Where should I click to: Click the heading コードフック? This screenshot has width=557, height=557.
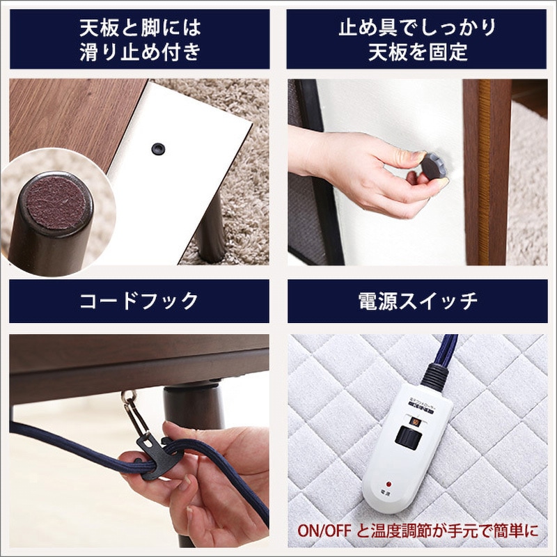(139, 301)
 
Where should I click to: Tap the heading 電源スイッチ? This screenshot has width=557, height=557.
(417, 301)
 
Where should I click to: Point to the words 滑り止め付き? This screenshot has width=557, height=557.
(140, 52)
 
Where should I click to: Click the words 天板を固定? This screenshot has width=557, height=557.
(417, 52)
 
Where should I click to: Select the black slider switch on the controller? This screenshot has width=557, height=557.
(407, 435)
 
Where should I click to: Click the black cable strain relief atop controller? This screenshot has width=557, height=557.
(436, 376)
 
